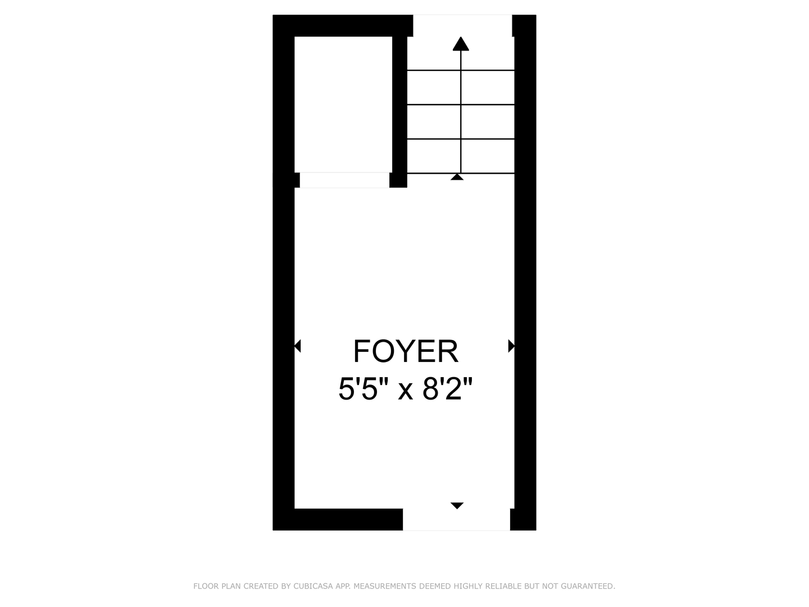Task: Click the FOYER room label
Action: [x=406, y=352]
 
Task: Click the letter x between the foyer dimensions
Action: [x=406, y=391]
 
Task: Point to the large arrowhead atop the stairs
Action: [x=461, y=44]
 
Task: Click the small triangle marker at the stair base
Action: [x=457, y=177]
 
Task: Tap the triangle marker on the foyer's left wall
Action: [x=298, y=346]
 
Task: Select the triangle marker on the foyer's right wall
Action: [x=511, y=346]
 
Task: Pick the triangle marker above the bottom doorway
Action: [x=457, y=505]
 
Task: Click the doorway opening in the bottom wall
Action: [x=456, y=519]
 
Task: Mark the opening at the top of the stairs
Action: [x=462, y=26]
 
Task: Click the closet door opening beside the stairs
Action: [x=344, y=180]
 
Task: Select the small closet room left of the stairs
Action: [x=343, y=104]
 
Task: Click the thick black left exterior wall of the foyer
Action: [x=283, y=348]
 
